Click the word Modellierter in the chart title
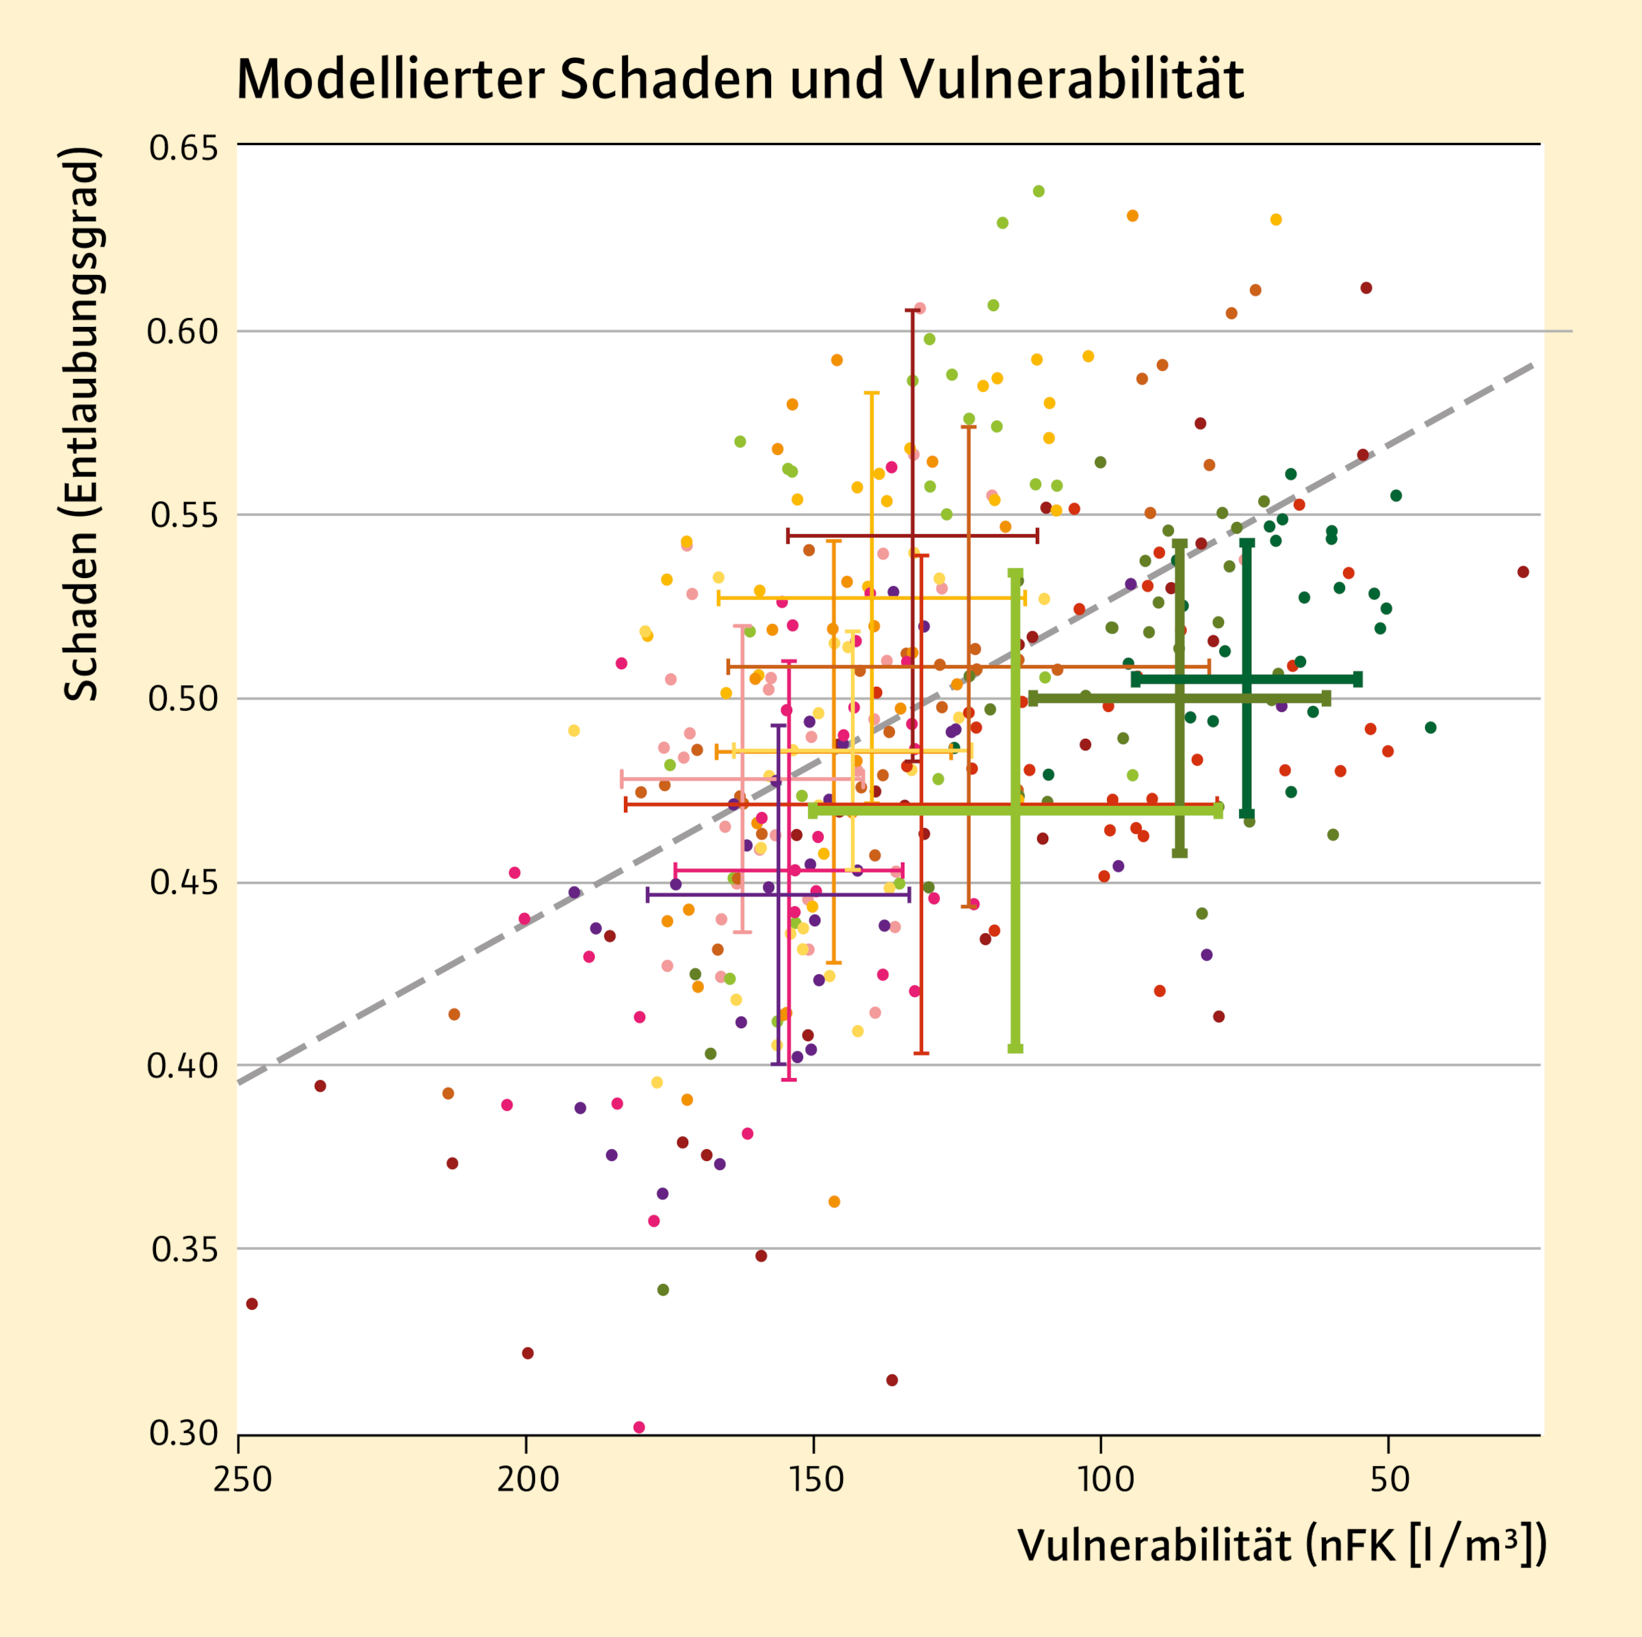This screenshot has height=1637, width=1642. point(390,80)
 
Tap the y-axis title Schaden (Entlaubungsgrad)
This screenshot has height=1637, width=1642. point(82,425)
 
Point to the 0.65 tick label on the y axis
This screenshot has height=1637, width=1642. point(183,148)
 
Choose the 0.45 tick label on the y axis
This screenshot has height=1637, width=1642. point(183,882)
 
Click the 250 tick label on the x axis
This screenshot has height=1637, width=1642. point(242,1479)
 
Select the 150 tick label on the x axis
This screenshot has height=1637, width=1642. point(816,1479)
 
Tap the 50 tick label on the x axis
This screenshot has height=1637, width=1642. point(1390,1479)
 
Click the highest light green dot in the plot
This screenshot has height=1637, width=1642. point(1039,192)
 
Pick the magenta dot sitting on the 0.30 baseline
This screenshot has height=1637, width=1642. point(639,1427)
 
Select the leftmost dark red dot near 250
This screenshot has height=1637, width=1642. point(252,1304)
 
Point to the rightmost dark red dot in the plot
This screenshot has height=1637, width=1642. point(1523,572)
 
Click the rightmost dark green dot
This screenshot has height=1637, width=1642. point(1431,728)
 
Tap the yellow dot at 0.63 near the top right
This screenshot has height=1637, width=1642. point(1276,220)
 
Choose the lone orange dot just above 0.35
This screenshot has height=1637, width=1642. point(834,1202)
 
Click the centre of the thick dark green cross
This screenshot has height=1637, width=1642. point(1247,679)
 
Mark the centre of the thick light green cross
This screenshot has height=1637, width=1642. point(1015,810)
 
